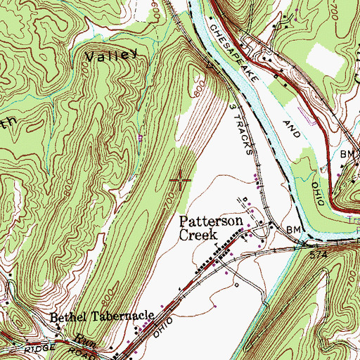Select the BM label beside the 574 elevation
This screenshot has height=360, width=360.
coord(293,231)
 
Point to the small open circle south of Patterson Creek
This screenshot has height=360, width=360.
coord(236,285)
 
